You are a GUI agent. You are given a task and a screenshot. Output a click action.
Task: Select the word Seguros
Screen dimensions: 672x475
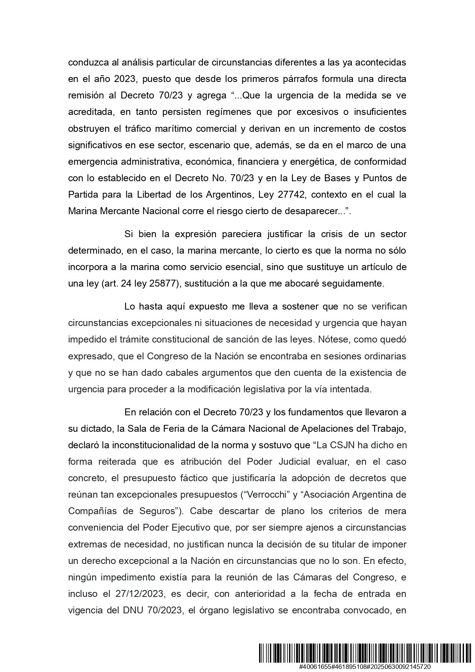165,511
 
